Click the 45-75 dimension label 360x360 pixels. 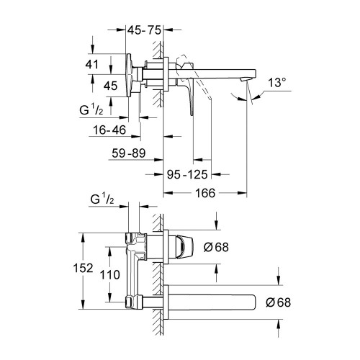(144, 30)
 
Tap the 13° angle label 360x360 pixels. (277, 83)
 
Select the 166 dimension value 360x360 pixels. (205, 193)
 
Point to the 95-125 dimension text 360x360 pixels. (187, 174)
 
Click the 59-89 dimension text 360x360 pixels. (129, 153)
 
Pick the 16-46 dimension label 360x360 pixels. (109, 130)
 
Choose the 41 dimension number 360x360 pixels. (92, 65)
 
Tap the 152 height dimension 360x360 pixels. (83, 268)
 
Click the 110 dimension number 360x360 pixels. (110, 275)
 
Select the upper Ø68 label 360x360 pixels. (216, 247)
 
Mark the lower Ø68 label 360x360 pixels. (279, 302)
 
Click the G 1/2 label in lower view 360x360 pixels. (102, 199)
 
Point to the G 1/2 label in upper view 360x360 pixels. (91, 110)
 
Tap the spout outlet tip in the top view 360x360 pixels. (245, 79)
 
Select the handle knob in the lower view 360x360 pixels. (184, 247)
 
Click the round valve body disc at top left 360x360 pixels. (129, 75)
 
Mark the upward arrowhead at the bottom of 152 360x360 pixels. (84, 305)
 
